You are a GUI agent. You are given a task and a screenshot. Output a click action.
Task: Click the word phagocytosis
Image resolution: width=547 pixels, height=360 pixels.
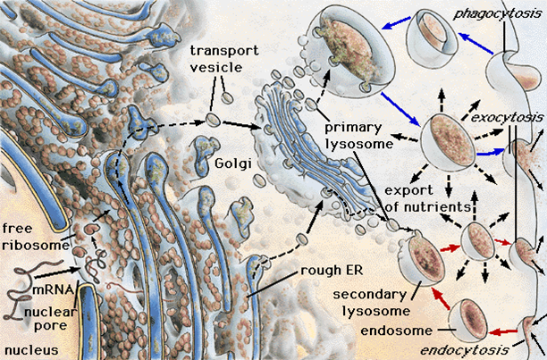click(498, 14)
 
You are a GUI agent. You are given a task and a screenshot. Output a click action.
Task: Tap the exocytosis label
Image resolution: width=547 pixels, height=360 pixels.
click(507, 117)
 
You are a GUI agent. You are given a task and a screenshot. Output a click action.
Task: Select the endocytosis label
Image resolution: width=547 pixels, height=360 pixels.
click(464, 350)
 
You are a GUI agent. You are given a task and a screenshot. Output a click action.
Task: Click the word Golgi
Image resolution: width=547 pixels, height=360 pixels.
click(233, 163)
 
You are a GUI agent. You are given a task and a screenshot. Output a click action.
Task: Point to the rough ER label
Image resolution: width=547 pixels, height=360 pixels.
click(332, 271)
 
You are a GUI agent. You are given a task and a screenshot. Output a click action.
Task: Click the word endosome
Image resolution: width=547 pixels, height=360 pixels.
click(396, 331)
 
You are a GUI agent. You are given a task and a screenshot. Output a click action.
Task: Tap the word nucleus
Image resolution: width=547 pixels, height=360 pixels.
click(32, 350)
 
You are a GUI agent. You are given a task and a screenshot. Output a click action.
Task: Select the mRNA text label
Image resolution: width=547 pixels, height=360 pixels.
click(53, 290)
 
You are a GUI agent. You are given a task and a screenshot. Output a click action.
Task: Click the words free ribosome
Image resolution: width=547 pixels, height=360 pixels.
click(36, 237)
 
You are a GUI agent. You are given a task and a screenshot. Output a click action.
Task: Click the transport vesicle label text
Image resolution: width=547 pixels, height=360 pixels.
click(224, 59)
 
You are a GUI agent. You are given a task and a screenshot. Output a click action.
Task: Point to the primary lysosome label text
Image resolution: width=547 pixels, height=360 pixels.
click(359, 136)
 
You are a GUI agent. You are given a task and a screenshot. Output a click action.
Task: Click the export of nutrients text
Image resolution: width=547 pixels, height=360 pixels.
click(428, 198)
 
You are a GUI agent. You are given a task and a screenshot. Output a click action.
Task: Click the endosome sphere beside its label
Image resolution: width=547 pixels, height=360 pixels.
click(467, 319)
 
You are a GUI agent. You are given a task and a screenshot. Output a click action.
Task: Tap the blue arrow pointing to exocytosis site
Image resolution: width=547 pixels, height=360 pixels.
click(491, 152)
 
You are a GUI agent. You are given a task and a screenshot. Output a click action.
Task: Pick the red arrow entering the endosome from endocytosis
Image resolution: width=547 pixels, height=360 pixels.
click(502, 331)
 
